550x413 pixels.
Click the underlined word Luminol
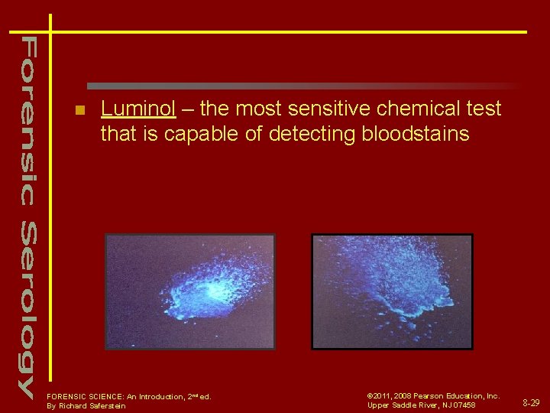137,109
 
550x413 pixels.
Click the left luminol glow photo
189,291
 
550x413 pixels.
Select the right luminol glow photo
392,291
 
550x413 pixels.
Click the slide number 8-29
530,402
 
